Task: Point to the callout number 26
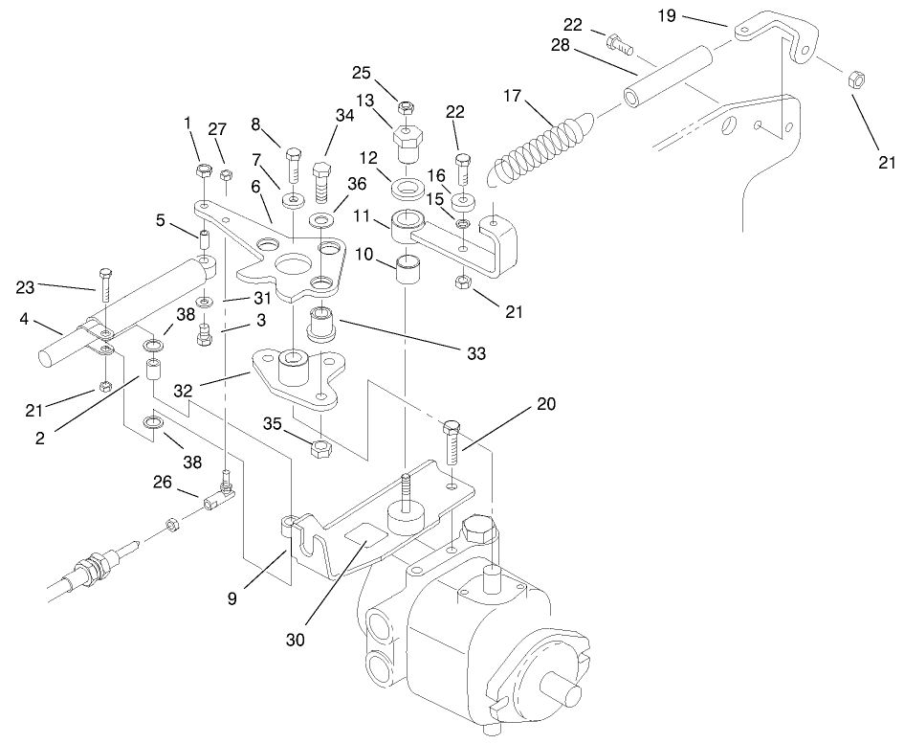click(x=162, y=483)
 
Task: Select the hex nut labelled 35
click(x=322, y=446)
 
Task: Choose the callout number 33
click(x=476, y=353)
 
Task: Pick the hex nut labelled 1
click(x=204, y=171)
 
